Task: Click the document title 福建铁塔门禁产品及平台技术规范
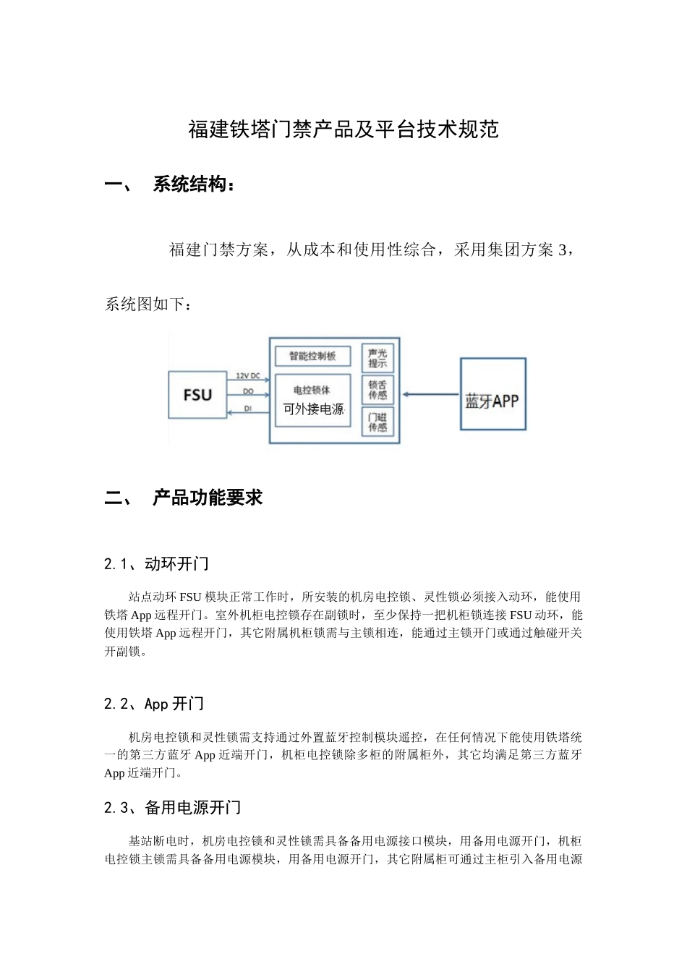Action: click(x=343, y=129)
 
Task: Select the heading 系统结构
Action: click(x=194, y=184)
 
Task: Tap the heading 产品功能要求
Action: click(x=208, y=498)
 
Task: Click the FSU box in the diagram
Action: click(x=197, y=395)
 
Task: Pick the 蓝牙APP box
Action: click(x=492, y=394)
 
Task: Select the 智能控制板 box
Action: click(x=312, y=356)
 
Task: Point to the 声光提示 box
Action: click(x=377, y=358)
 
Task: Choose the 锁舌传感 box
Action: click(x=377, y=390)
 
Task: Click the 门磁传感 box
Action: click(x=377, y=422)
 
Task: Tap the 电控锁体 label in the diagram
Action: click(x=312, y=390)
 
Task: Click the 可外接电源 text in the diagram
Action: click(x=313, y=409)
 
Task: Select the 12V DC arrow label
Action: click(x=248, y=376)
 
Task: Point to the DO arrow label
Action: click(x=248, y=391)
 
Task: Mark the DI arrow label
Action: click(x=248, y=409)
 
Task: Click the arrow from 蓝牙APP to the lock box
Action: click(x=430, y=394)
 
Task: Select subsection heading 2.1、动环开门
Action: click(x=156, y=564)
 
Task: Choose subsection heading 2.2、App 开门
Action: click(x=154, y=704)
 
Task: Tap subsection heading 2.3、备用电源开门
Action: click(x=173, y=808)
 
